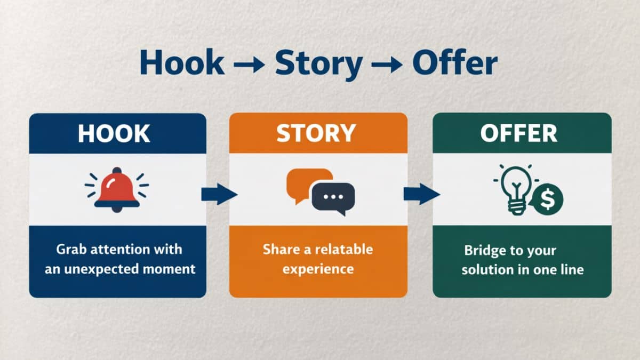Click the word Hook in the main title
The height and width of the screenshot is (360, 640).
[182, 63]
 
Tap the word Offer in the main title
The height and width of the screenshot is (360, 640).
[455, 63]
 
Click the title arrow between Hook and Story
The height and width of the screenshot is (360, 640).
[250, 65]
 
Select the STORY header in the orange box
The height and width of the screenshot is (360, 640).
[316, 134]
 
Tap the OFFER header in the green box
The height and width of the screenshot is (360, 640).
[519, 134]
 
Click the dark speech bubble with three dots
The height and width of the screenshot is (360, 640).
[333, 197]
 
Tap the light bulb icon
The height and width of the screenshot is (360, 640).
[514, 188]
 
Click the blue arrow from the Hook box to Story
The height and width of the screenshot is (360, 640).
[218, 195]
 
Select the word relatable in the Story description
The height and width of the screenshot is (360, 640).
[344, 250]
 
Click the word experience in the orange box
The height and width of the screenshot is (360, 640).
[318, 268]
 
